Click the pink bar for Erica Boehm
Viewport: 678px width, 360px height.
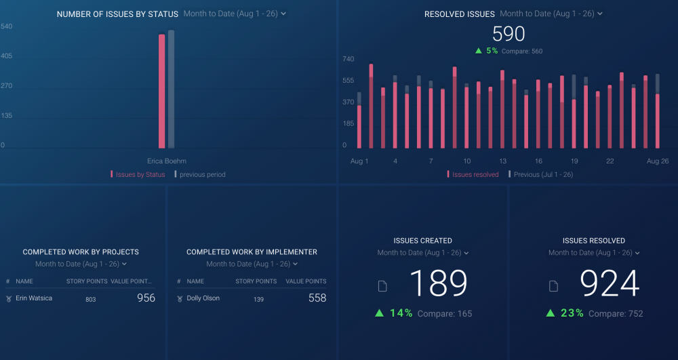point(161,92)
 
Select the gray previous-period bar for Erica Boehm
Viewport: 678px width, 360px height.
point(171,89)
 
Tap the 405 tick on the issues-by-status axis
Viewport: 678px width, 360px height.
point(6,56)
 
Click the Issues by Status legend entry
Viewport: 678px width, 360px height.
point(140,175)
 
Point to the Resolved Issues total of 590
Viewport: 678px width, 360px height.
point(509,34)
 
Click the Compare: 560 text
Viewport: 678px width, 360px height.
point(521,52)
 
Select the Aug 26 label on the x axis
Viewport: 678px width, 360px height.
point(657,161)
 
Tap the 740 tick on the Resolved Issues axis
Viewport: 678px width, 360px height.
point(348,59)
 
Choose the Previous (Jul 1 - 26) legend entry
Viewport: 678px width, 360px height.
point(540,175)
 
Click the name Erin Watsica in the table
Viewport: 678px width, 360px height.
point(34,298)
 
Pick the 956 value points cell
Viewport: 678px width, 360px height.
point(146,298)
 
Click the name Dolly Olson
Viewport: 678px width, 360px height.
point(203,298)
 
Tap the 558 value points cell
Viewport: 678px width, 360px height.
point(317,298)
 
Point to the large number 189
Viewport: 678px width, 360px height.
point(439,284)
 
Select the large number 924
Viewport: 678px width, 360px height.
point(610,284)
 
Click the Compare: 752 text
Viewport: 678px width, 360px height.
point(616,314)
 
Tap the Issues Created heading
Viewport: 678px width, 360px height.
point(422,241)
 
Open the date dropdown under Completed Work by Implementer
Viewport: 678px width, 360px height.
point(252,264)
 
